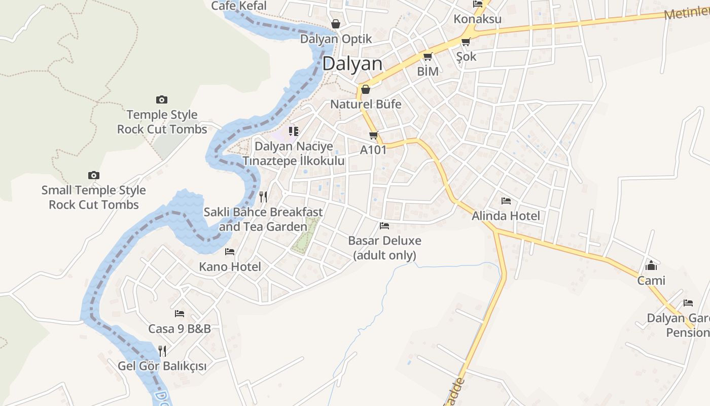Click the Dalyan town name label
click(x=352, y=63)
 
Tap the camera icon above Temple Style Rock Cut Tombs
click(x=162, y=100)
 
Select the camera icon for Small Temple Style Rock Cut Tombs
click(x=93, y=176)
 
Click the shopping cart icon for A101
click(x=374, y=136)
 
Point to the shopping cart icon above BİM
click(x=428, y=57)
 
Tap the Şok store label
click(x=466, y=56)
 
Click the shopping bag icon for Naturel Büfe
click(x=365, y=90)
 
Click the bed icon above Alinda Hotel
click(x=506, y=201)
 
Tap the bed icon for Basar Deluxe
click(x=384, y=226)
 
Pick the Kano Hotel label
click(x=230, y=267)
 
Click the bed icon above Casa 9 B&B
click(x=179, y=314)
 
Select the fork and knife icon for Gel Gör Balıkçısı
click(x=162, y=351)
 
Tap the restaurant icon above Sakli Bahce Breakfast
click(x=263, y=197)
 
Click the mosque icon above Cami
click(x=651, y=265)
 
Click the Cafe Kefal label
click(x=238, y=6)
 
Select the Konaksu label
click(x=477, y=19)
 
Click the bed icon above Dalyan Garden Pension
click(x=688, y=303)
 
